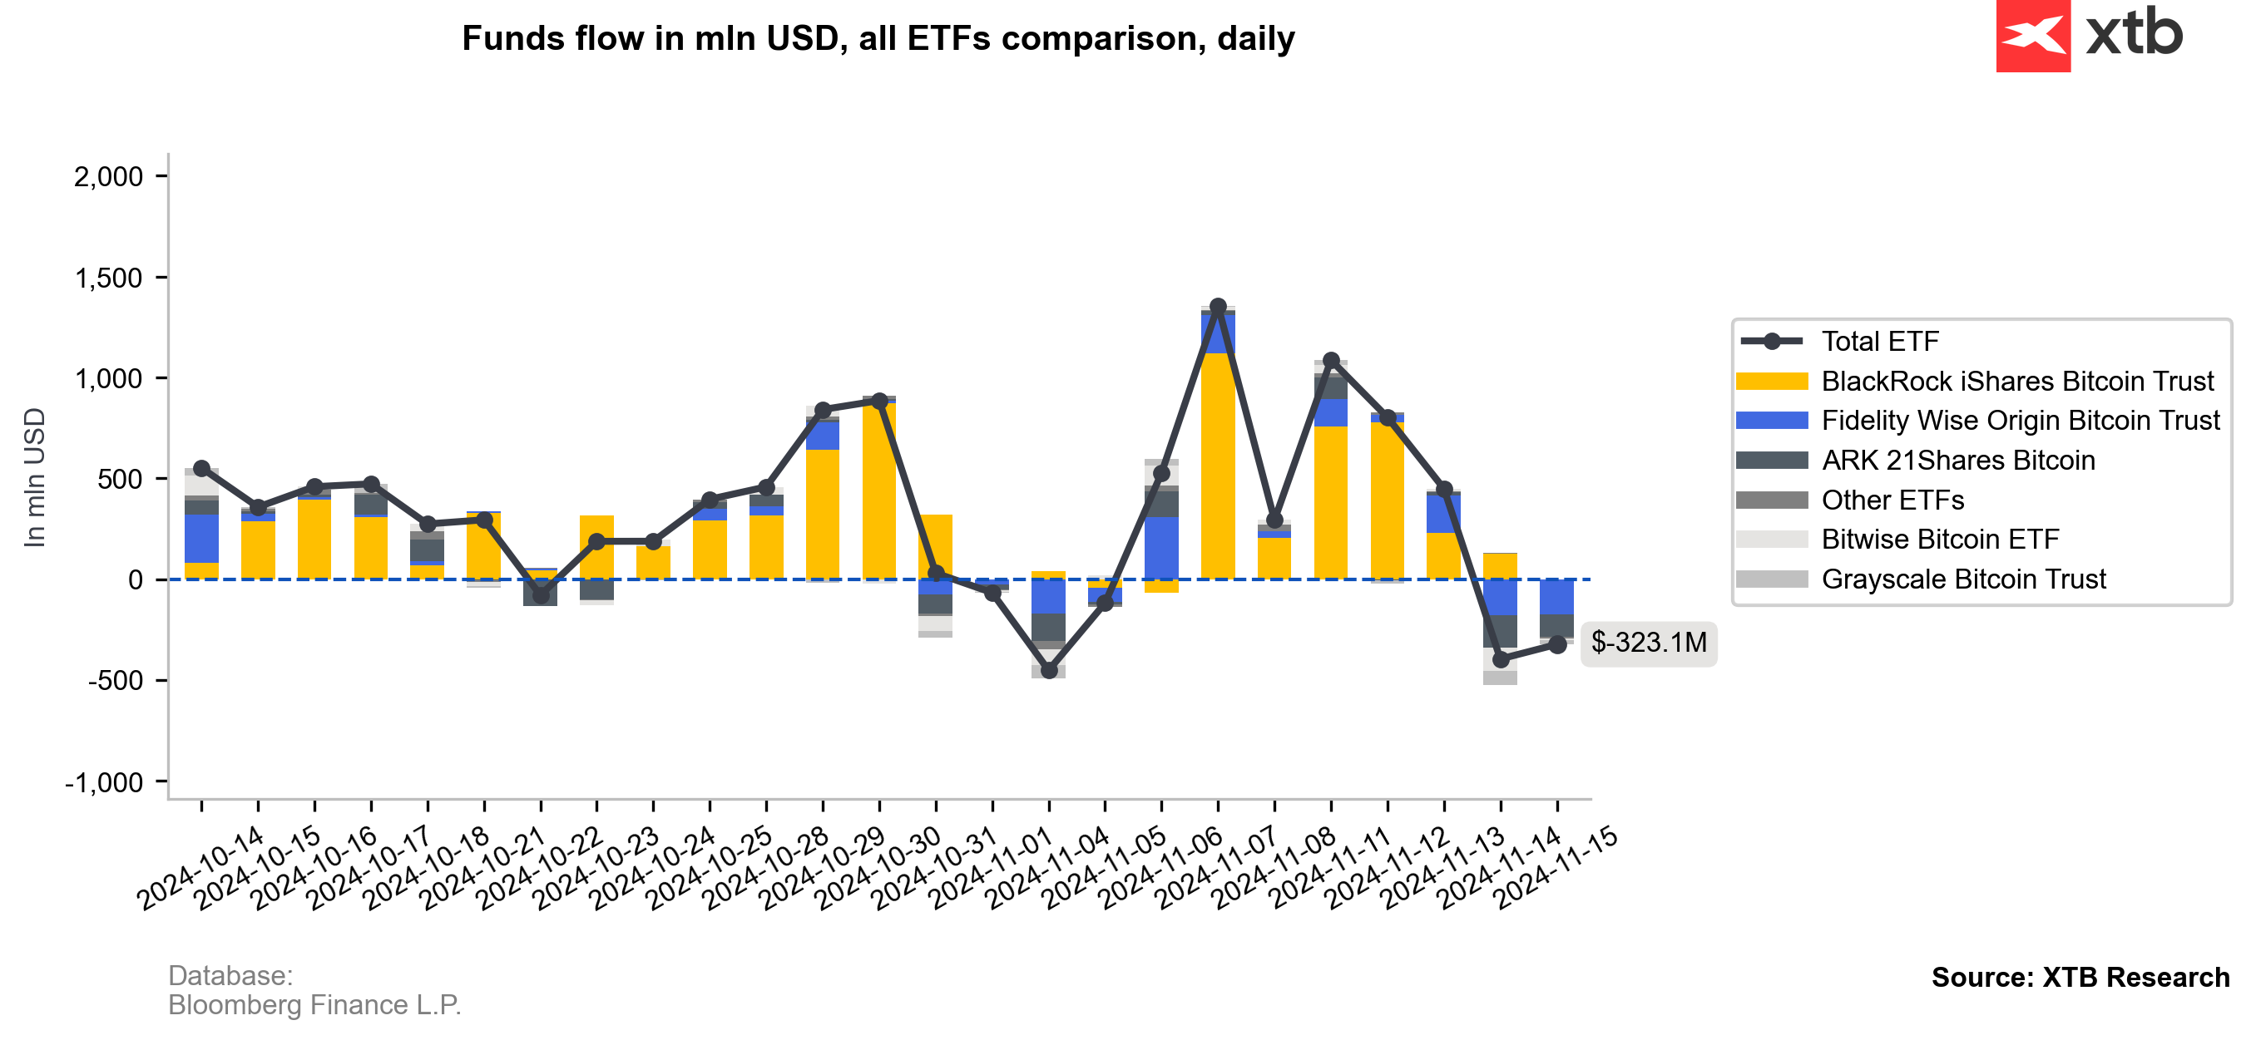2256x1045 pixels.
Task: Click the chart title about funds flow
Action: coord(878,38)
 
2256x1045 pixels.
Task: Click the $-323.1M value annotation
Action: coord(1647,643)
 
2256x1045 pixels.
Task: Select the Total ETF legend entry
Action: coord(1879,342)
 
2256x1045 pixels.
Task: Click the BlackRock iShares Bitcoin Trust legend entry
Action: coord(2016,382)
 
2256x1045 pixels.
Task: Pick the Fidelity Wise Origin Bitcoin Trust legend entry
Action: coord(2020,421)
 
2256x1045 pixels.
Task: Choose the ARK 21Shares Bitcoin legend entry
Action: coord(1957,461)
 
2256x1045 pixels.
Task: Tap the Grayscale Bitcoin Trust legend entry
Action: coord(1962,579)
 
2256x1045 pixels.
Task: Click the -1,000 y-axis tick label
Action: coord(103,782)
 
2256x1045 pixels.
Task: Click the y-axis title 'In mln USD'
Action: coord(35,478)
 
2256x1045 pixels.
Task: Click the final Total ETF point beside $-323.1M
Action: coord(1557,644)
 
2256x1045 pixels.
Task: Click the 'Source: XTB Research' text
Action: coord(2080,977)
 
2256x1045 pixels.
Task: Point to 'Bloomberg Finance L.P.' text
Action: coord(314,1005)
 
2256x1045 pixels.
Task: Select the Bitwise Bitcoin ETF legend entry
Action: coord(1939,540)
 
